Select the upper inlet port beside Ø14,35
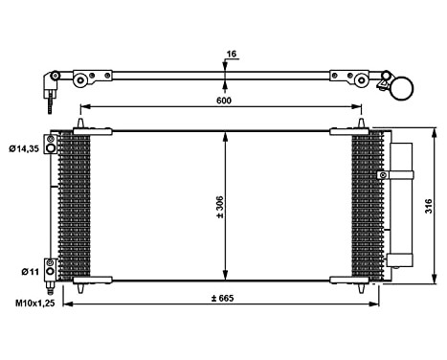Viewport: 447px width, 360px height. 65,145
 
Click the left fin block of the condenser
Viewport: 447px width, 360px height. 75,205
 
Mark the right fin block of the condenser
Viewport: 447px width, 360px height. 366,205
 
